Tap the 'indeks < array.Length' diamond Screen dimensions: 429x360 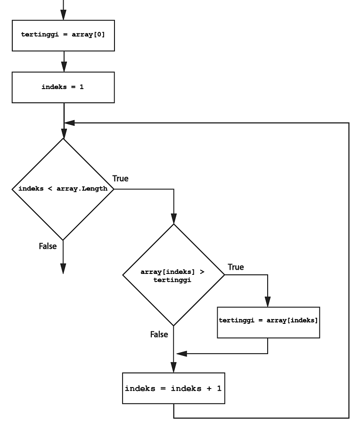coord(63,189)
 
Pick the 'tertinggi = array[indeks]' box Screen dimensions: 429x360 coord(268,321)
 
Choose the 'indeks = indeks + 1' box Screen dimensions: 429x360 coord(173,389)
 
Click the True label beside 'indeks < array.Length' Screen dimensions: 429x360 coord(120,179)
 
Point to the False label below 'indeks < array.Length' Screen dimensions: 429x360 coord(48,246)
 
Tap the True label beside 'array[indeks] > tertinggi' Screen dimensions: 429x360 coord(236,267)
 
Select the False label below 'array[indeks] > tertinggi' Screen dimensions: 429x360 coord(159,334)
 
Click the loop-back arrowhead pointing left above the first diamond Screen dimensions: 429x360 coord(69,123)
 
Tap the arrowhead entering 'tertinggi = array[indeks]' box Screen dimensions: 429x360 coord(268,302)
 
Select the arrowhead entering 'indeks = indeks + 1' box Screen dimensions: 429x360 coord(173,368)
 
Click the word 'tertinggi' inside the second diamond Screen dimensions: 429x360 coord(173,280)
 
